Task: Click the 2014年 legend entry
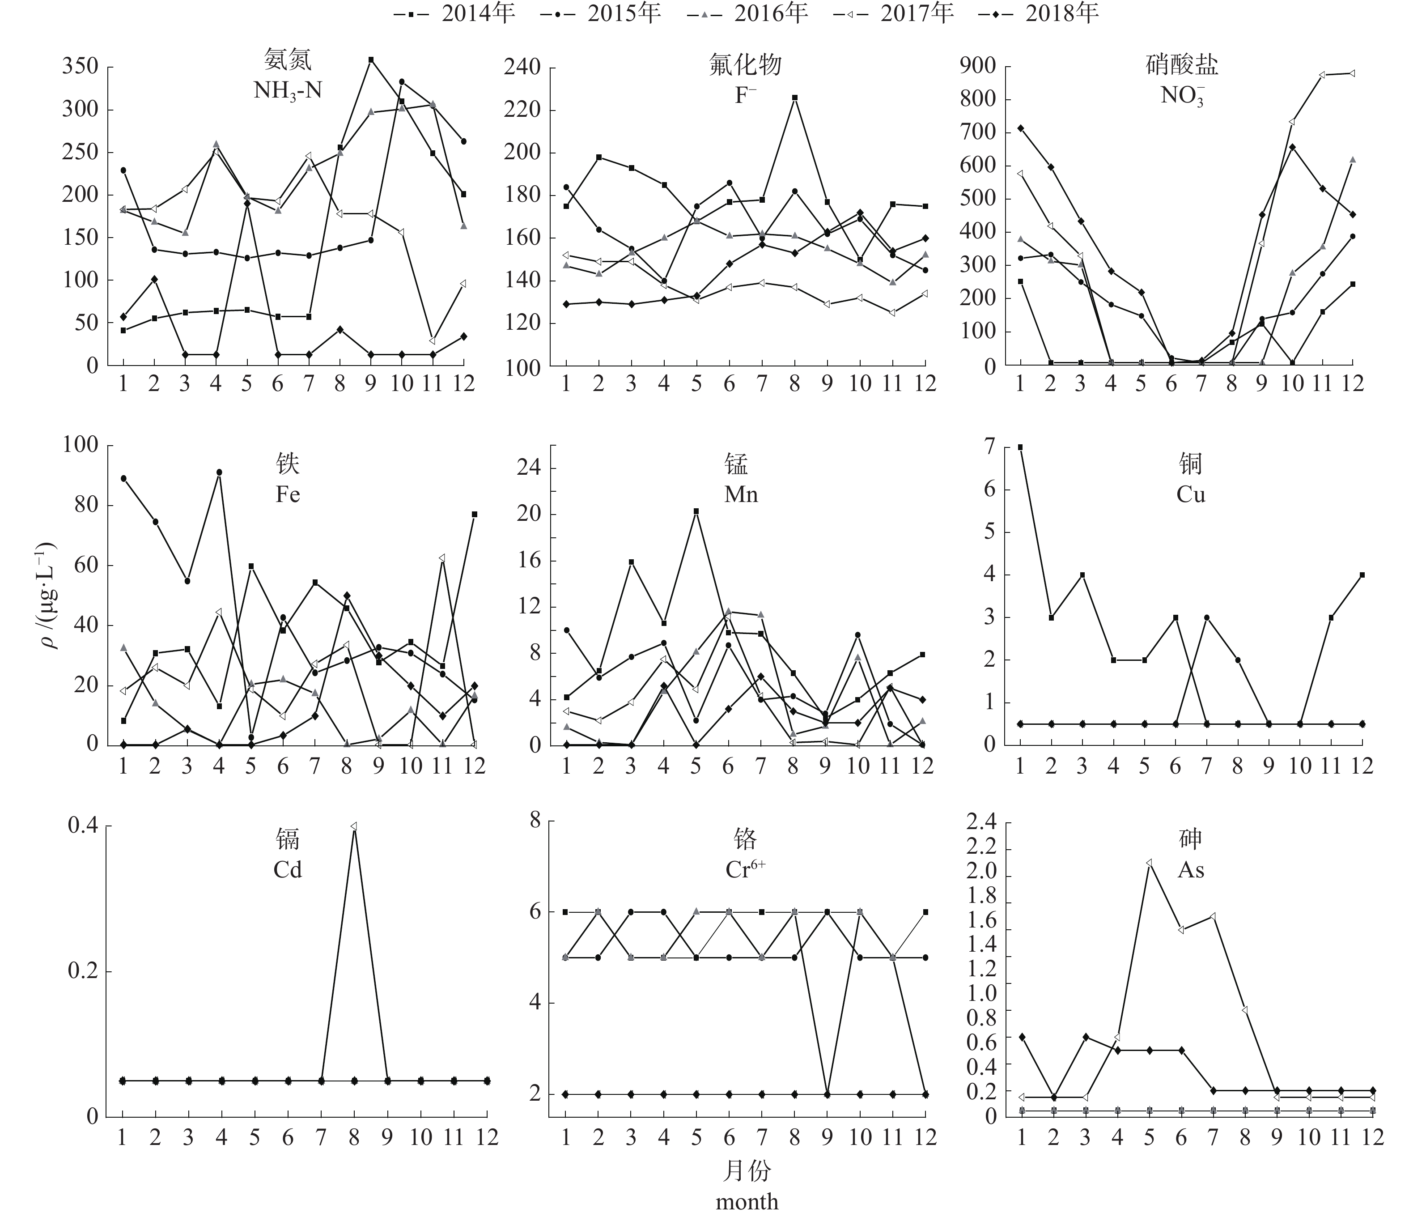pos(455,13)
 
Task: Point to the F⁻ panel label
pos(745,94)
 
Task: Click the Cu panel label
pos(1191,494)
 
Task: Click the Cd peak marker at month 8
pos(354,826)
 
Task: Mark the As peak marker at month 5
pos(1149,863)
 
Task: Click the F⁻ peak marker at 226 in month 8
pos(794,97)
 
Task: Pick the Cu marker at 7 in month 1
pos(1020,447)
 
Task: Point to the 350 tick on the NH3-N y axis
pos(80,67)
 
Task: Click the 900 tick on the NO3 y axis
pos(977,66)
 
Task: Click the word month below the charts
pos(747,1201)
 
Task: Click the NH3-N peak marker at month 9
pos(371,60)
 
